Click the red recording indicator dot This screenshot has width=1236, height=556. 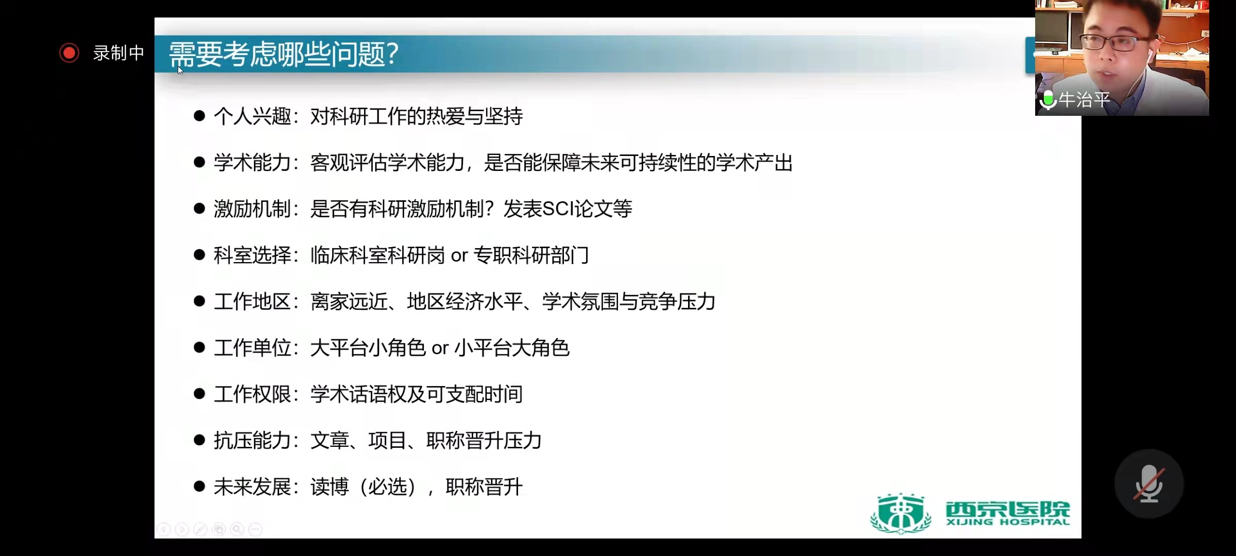tap(69, 53)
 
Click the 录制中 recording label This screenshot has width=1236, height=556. tap(118, 53)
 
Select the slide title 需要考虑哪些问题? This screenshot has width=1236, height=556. tap(284, 54)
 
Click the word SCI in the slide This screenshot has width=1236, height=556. tap(558, 209)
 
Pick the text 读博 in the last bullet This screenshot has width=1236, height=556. tap(330, 487)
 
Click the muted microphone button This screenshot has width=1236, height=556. tap(1149, 484)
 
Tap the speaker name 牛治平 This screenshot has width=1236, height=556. tap(1085, 99)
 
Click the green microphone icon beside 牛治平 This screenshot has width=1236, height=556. tap(1048, 100)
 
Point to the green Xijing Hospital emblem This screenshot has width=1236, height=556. tap(901, 513)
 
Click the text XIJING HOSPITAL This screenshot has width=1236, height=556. tap(1008, 522)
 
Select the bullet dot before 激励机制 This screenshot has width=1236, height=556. tap(199, 208)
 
